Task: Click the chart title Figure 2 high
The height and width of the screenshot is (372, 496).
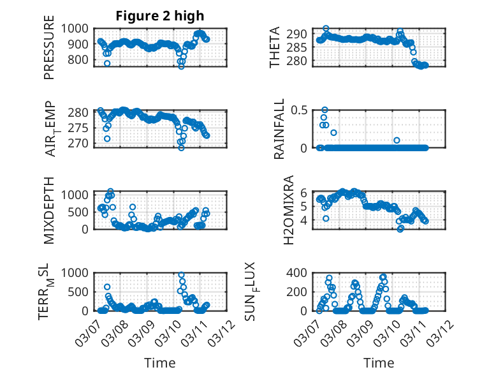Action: (x=160, y=16)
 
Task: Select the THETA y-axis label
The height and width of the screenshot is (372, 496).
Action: (x=275, y=47)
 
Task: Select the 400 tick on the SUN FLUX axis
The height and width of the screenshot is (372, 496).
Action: (x=301, y=272)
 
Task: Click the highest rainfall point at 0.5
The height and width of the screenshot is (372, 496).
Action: (x=325, y=110)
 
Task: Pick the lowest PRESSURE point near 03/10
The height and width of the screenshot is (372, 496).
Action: (x=181, y=66)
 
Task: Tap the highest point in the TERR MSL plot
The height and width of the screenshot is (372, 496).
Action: (x=181, y=275)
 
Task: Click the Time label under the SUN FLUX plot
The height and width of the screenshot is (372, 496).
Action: (x=379, y=362)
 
